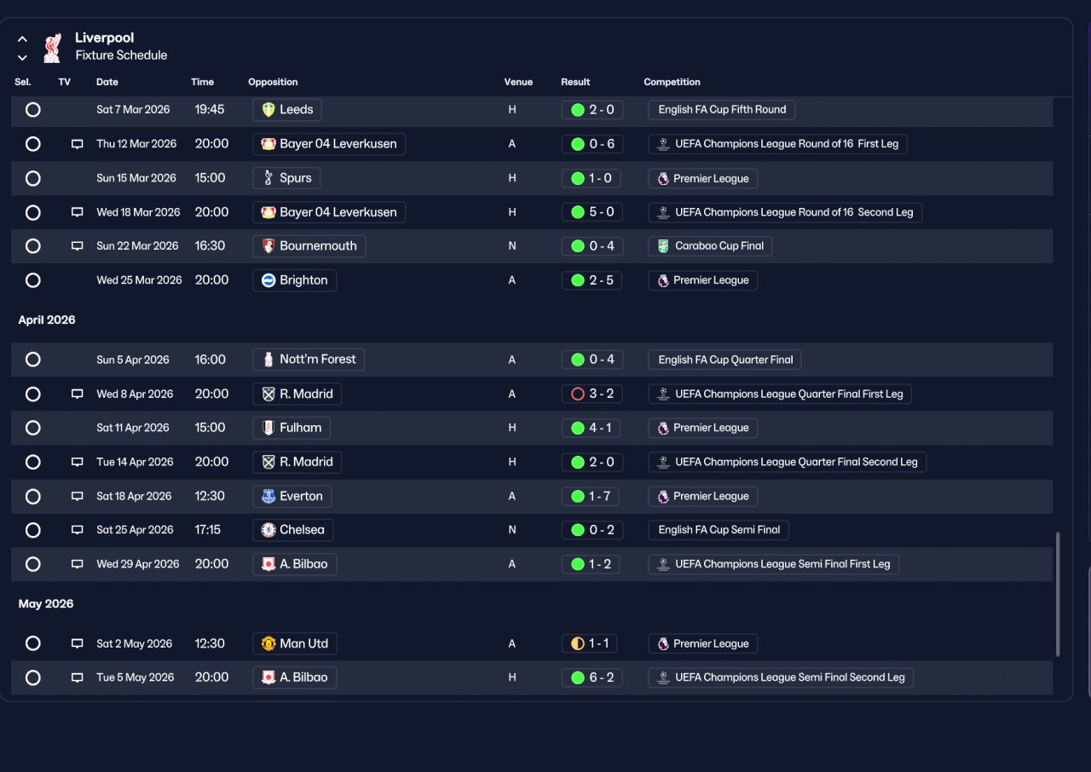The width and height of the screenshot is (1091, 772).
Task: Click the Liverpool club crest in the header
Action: point(53,48)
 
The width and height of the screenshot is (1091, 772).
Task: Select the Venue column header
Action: point(518,82)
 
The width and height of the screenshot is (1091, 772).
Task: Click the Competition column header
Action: point(672,82)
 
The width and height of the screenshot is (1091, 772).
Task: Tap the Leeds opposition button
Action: point(287,110)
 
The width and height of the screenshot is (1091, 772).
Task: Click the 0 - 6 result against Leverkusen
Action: point(592,144)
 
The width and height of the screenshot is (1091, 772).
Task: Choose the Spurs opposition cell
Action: point(286,178)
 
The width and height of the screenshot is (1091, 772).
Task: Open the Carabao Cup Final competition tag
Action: point(710,245)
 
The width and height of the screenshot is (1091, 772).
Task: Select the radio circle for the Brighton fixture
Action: point(32,280)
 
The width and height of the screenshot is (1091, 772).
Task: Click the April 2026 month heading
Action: point(47,320)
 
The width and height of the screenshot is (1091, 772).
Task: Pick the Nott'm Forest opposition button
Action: point(309,360)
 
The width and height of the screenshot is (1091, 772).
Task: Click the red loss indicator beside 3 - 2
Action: point(577,394)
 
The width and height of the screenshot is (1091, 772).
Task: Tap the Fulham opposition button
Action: point(292,428)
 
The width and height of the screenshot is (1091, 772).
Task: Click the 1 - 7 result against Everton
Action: point(591,497)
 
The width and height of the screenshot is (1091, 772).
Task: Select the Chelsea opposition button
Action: point(292,530)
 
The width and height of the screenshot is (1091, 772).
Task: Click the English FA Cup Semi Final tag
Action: point(719,530)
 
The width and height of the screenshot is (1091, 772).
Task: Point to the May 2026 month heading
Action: point(46,603)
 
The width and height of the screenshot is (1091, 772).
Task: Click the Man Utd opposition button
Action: point(295,643)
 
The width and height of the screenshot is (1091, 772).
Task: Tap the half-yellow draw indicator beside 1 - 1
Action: point(577,643)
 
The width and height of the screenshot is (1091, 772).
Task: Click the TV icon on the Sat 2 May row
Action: point(77,643)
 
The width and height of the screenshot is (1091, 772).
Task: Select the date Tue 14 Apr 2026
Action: point(135,462)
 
